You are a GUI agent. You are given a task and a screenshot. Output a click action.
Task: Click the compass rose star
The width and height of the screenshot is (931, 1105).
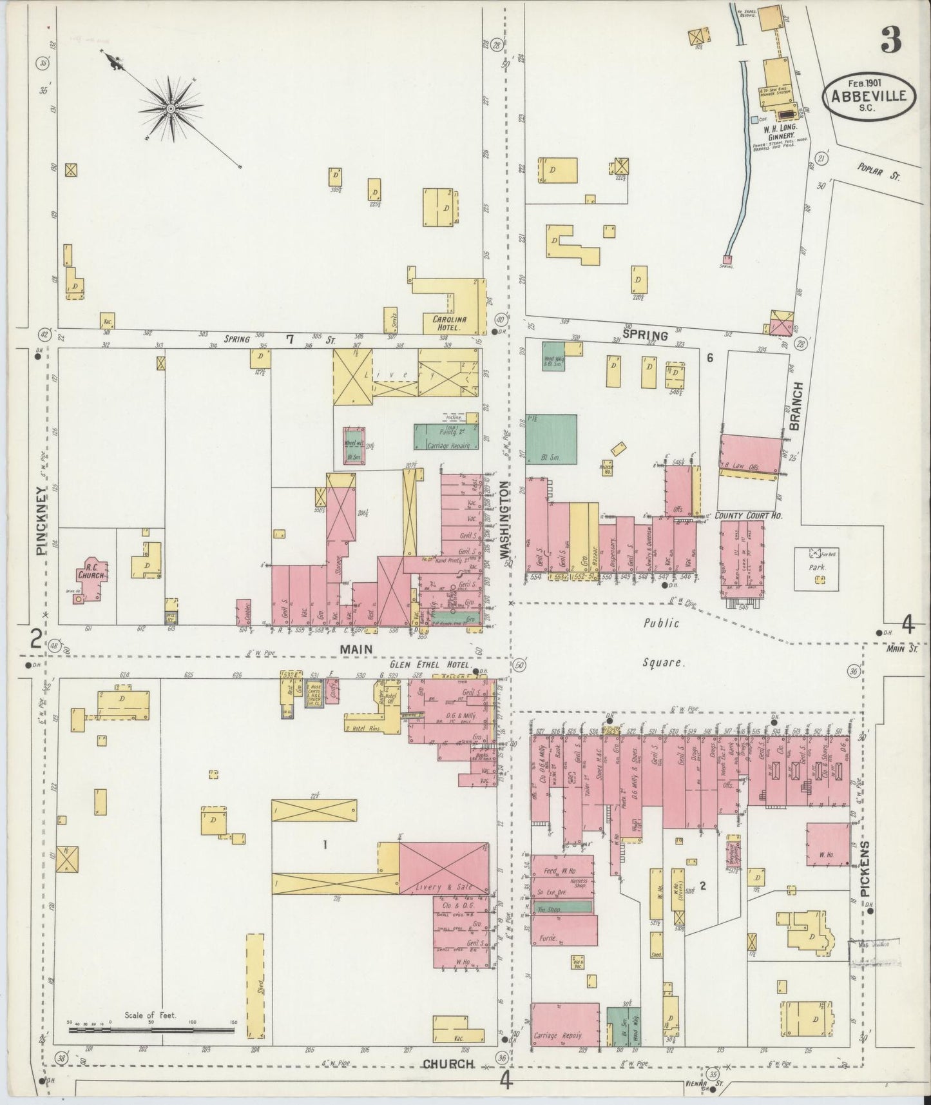point(170,109)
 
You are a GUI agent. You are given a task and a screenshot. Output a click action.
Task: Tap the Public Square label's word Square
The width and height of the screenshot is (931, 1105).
point(662,662)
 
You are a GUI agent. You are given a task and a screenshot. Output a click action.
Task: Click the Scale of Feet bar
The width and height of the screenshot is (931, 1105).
point(151,1030)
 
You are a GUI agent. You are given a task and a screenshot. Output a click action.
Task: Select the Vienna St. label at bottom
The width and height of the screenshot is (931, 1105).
point(702,1084)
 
